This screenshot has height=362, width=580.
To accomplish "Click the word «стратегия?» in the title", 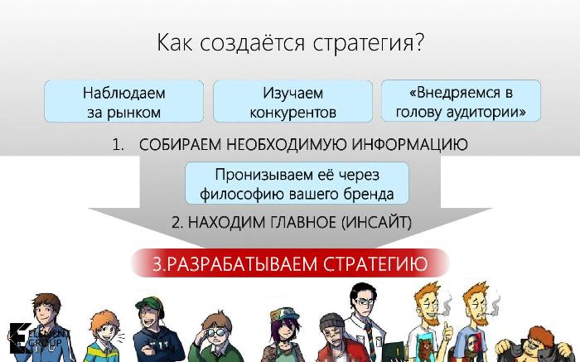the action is (368, 43).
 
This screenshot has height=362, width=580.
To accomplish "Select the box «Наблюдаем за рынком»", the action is (124, 101).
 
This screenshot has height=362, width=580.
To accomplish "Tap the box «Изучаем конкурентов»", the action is (292, 101).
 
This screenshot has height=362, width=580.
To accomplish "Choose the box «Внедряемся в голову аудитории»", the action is (461, 101).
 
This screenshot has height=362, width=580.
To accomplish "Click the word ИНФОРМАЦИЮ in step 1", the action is (409, 144).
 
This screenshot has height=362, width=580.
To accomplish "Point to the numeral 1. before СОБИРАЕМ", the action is (118, 145).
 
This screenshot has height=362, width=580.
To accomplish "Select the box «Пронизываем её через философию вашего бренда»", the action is (297, 183).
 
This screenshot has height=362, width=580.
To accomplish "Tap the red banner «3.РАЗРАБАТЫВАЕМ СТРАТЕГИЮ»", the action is (290, 263).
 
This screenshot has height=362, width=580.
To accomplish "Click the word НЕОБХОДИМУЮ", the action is (286, 144).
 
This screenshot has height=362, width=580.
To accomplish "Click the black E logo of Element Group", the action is (19, 338).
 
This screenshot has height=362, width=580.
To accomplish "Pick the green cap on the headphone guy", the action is (148, 304).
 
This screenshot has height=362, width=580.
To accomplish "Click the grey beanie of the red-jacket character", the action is (331, 321).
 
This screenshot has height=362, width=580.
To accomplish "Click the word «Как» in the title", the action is (175, 43).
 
